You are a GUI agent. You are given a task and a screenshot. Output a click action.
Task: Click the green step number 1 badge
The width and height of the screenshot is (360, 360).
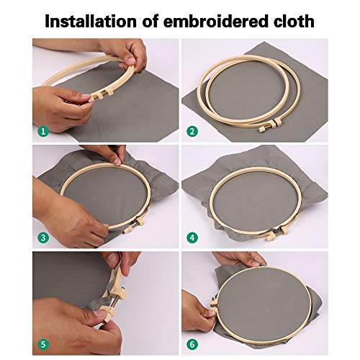coord(42,132)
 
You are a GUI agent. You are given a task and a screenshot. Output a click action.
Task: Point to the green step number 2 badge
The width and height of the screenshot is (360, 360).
coord(191,132)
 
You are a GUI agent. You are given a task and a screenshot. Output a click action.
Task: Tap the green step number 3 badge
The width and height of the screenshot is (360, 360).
coord(42,237)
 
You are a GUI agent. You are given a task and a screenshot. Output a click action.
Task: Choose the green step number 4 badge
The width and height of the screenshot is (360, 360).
coord(191,237)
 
